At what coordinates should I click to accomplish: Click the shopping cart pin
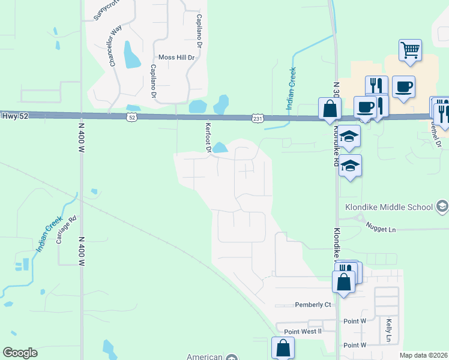pyautogui.click(x=410, y=50)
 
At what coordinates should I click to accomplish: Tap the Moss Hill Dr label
pyautogui.click(x=177, y=58)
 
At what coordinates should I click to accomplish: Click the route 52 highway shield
pyautogui.click(x=131, y=118)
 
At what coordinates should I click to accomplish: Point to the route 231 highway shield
pyautogui.click(x=257, y=119)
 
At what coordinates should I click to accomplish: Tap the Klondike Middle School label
pyautogui.click(x=389, y=207)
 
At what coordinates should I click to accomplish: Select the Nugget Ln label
pyautogui.click(x=381, y=229)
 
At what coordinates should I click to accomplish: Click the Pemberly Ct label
pyautogui.click(x=313, y=305)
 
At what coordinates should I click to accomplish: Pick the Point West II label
pyautogui.click(x=303, y=331)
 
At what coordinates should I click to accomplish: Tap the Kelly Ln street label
pyautogui.click(x=389, y=331)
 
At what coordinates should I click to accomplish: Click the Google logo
pyautogui.click(x=20, y=353)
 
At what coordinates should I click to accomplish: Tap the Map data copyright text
pyautogui.click(x=423, y=355)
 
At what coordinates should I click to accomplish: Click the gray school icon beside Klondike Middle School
pyautogui.click(x=442, y=207)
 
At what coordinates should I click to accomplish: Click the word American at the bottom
pyautogui.click(x=205, y=356)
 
